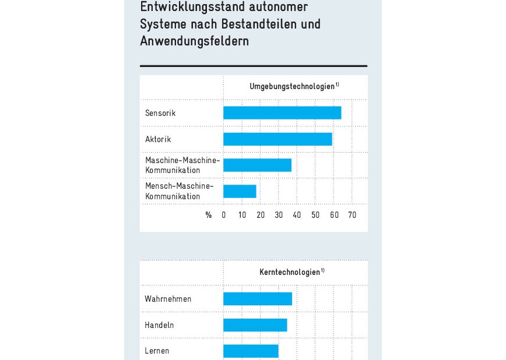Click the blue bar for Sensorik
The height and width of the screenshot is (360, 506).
tap(282, 113)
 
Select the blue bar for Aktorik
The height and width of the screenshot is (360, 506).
tap(277, 139)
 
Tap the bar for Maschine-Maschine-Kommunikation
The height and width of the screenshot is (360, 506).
tap(257, 165)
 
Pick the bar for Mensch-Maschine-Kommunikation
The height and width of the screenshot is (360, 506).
tap(240, 191)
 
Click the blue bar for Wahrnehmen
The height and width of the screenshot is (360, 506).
tap(257, 299)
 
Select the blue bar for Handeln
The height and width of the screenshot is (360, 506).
tap(255, 325)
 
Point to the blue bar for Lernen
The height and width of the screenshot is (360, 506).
tap(251, 351)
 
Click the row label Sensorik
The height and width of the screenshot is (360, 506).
tap(160, 113)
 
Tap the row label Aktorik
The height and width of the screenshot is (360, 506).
tap(158, 139)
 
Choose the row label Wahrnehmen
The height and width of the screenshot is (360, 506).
tap(168, 299)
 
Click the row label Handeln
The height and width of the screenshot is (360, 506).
tap(159, 325)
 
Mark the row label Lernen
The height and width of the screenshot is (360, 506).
tap(157, 351)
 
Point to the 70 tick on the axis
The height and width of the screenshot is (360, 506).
tap(352, 215)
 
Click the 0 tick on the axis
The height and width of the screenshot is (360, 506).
tap(224, 215)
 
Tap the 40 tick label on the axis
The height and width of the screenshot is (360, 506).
tap(297, 215)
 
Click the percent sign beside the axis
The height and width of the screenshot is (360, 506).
tap(208, 215)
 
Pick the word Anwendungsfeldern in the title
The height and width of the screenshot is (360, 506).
tap(194, 41)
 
